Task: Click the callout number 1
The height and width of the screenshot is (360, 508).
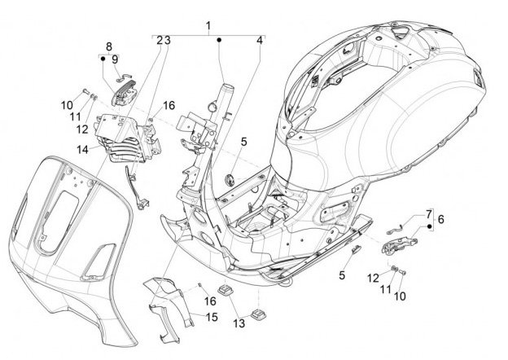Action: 208,26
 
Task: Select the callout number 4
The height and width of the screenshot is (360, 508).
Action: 260,40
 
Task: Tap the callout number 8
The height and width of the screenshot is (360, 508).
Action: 108,46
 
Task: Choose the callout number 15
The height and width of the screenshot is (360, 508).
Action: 211,316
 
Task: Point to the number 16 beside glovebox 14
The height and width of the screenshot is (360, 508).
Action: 169,105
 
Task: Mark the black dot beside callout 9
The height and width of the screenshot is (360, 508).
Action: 103,58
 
